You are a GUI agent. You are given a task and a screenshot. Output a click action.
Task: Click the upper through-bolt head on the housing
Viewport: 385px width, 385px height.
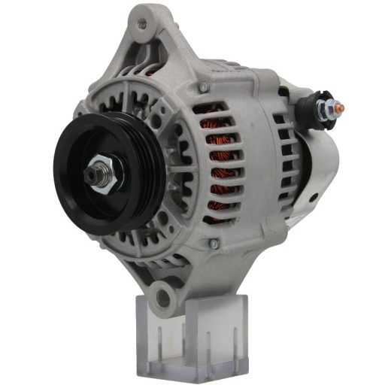(203, 88)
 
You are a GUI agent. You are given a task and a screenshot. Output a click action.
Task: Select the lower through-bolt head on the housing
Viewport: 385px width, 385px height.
(214, 244)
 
